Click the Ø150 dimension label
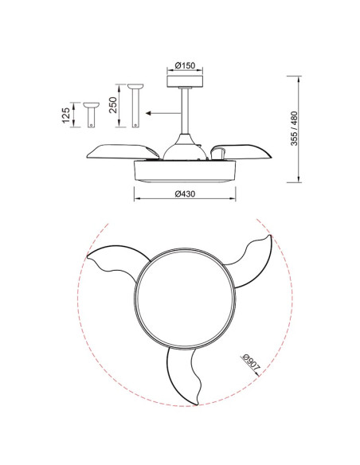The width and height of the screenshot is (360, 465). coord(185,65)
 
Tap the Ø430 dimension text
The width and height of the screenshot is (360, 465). coord(185,194)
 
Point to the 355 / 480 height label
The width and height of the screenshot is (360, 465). coord(294,128)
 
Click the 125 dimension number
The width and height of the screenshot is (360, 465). coord(66,115)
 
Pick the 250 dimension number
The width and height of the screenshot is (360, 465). coord(113,105)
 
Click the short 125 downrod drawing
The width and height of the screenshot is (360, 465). coord(92,115)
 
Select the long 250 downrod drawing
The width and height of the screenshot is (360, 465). coord(135,106)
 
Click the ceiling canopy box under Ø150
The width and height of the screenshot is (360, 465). coord(185,81)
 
